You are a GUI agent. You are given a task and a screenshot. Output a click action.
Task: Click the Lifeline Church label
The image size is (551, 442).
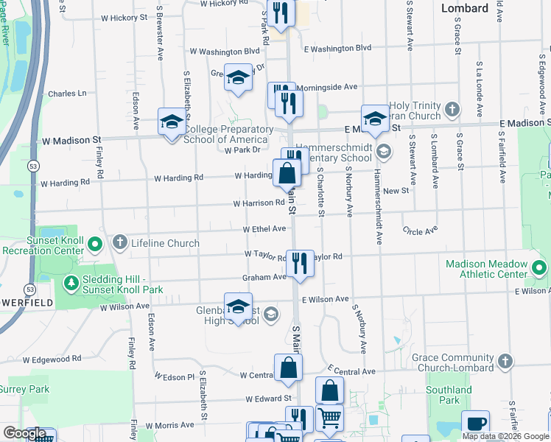[x=165, y=243]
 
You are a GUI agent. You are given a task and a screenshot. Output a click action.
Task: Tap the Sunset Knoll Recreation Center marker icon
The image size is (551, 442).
[x=95, y=245]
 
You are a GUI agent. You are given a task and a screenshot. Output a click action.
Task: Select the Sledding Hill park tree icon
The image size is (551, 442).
[x=71, y=283]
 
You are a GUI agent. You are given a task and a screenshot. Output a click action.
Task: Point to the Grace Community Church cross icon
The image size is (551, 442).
[x=505, y=361]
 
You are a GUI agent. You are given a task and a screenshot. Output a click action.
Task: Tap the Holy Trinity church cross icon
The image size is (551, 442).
[x=452, y=110]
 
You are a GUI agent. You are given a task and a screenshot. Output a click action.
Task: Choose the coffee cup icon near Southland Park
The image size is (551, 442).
[x=476, y=424]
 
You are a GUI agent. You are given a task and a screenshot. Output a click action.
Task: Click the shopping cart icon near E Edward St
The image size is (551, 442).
[x=329, y=418]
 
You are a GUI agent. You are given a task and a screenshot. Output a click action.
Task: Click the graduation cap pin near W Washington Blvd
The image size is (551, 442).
[x=238, y=78]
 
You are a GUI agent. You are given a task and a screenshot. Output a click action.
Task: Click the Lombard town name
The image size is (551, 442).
[x=464, y=8]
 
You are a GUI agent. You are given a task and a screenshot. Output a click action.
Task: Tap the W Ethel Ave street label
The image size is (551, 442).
[x=264, y=229]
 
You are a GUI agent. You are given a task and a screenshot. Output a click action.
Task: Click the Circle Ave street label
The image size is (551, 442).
[x=417, y=231]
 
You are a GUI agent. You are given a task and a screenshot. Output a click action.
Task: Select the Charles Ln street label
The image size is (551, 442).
[x=67, y=94]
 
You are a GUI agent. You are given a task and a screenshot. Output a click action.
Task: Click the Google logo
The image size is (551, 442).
[x=24, y=434]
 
